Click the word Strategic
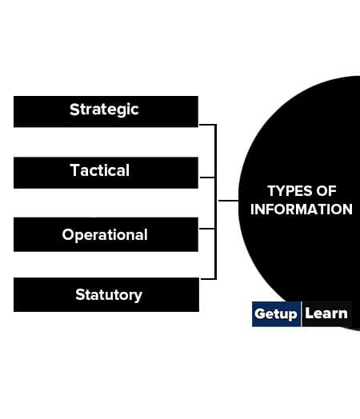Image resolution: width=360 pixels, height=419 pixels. pos(104,110)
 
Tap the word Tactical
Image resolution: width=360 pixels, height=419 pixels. pos(100,170)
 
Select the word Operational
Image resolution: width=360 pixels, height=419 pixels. pos(105,235)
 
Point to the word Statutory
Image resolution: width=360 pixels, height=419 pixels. pos(109,295)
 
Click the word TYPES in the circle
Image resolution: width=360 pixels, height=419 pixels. pos(290,191)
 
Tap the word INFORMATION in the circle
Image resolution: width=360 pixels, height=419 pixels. pos(302,209)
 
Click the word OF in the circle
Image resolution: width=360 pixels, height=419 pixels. pos(326,191)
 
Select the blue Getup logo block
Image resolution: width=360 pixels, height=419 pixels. pos(276,314)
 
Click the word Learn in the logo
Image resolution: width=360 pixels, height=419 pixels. pos(326,313)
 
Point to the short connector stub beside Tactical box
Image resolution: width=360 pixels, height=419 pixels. pos(207,178)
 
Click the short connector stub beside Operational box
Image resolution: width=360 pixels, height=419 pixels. pos(207,229)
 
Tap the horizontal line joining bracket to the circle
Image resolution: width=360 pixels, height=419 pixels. pos(229,201)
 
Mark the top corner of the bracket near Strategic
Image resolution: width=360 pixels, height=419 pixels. pos(216,125)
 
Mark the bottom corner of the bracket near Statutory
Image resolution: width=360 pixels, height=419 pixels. pos(216,279)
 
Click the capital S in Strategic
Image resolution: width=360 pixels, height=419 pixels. pos(74,110)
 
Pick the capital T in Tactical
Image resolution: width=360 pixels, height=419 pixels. pos(75,170)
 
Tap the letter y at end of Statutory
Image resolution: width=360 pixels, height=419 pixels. pos(138,297)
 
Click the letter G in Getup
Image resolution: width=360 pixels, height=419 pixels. pos(260,313)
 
